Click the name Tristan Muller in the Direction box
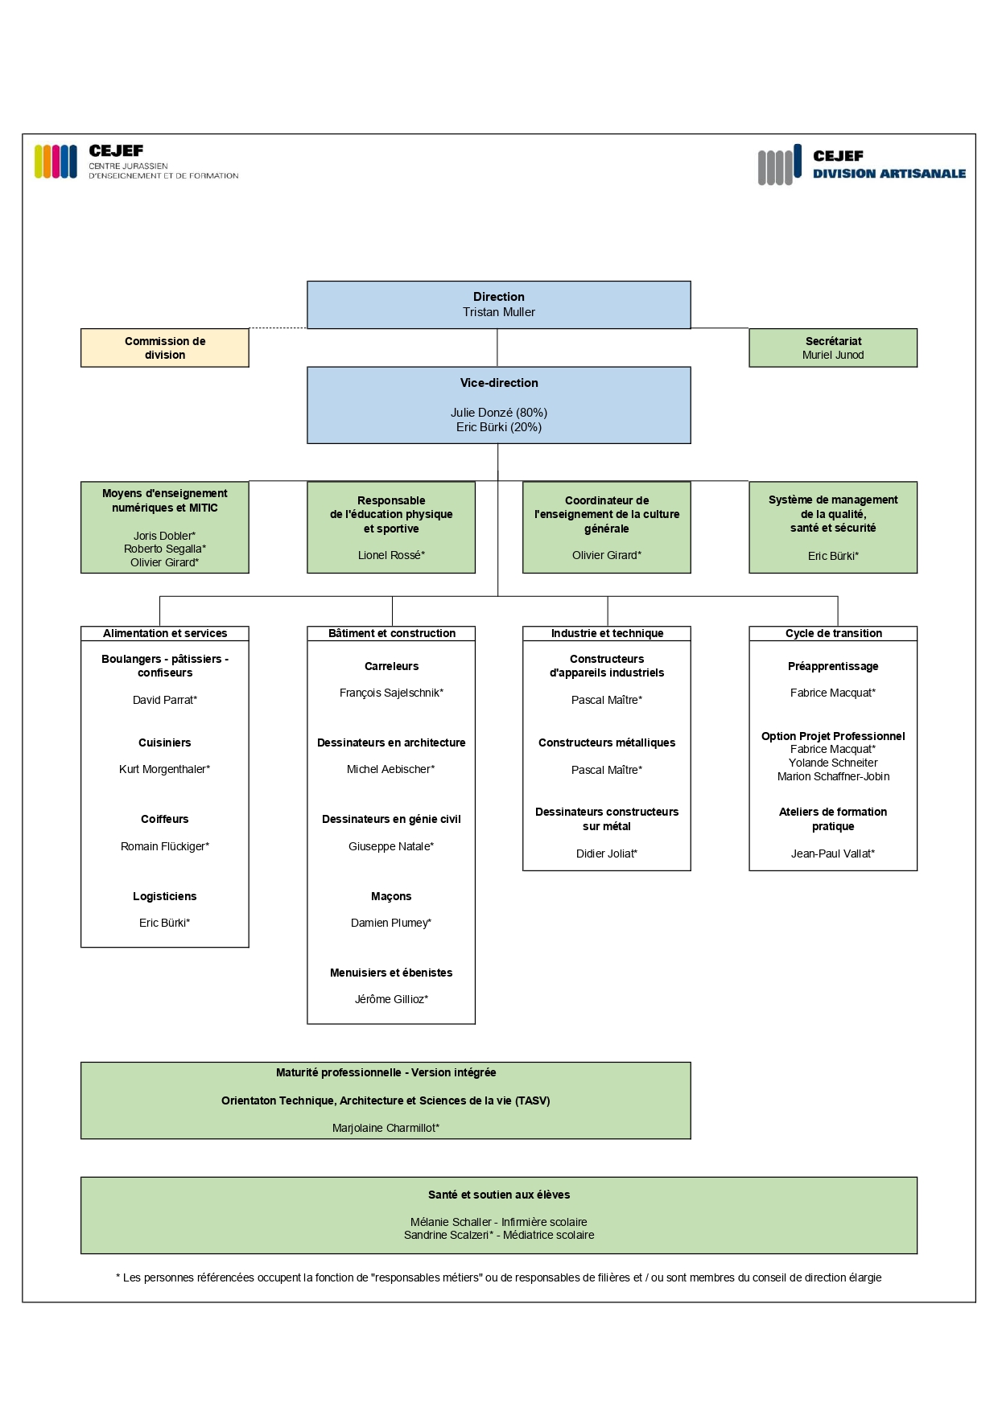pos(498,312)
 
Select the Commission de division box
pos(165,348)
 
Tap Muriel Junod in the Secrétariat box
pos(833,355)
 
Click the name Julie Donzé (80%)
pos(498,413)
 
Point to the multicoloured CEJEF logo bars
pos(56,162)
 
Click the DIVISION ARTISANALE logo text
pos(889,174)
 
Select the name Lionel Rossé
pos(391,555)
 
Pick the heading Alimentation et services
pos(165,633)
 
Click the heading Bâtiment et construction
pos(391,633)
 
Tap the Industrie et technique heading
pos(607,633)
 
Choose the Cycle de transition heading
pos(833,633)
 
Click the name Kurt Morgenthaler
pos(164,769)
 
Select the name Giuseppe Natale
pos(391,846)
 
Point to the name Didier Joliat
pos(607,854)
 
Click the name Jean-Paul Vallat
pos(833,854)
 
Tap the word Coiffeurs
pos(164,819)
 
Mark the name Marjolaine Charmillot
pos(386,1128)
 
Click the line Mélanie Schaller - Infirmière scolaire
pos(498,1222)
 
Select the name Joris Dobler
pos(164,536)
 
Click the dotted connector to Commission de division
pos(278,328)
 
